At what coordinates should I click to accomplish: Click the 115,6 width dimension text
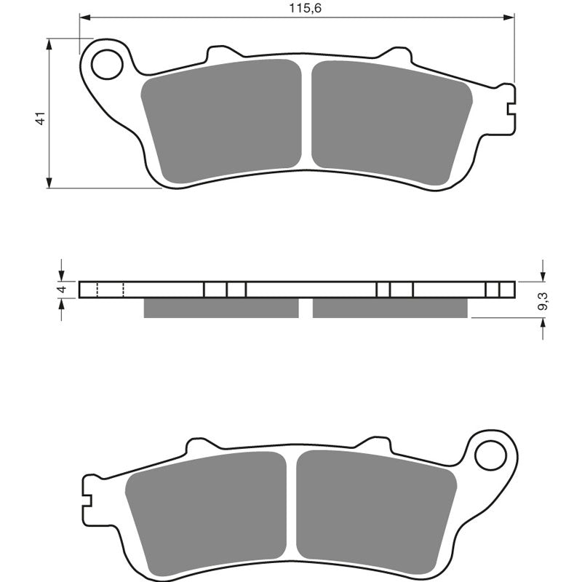[295, 8]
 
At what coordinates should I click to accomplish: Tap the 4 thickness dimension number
[62, 290]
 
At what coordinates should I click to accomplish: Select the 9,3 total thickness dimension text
[542, 300]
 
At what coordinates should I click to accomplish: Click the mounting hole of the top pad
[107, 63]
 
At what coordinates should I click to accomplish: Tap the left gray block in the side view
[221, 308]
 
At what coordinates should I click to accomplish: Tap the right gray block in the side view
[390, 308]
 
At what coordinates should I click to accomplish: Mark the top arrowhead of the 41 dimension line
[49, 44]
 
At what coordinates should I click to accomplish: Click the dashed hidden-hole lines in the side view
[110, 290]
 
